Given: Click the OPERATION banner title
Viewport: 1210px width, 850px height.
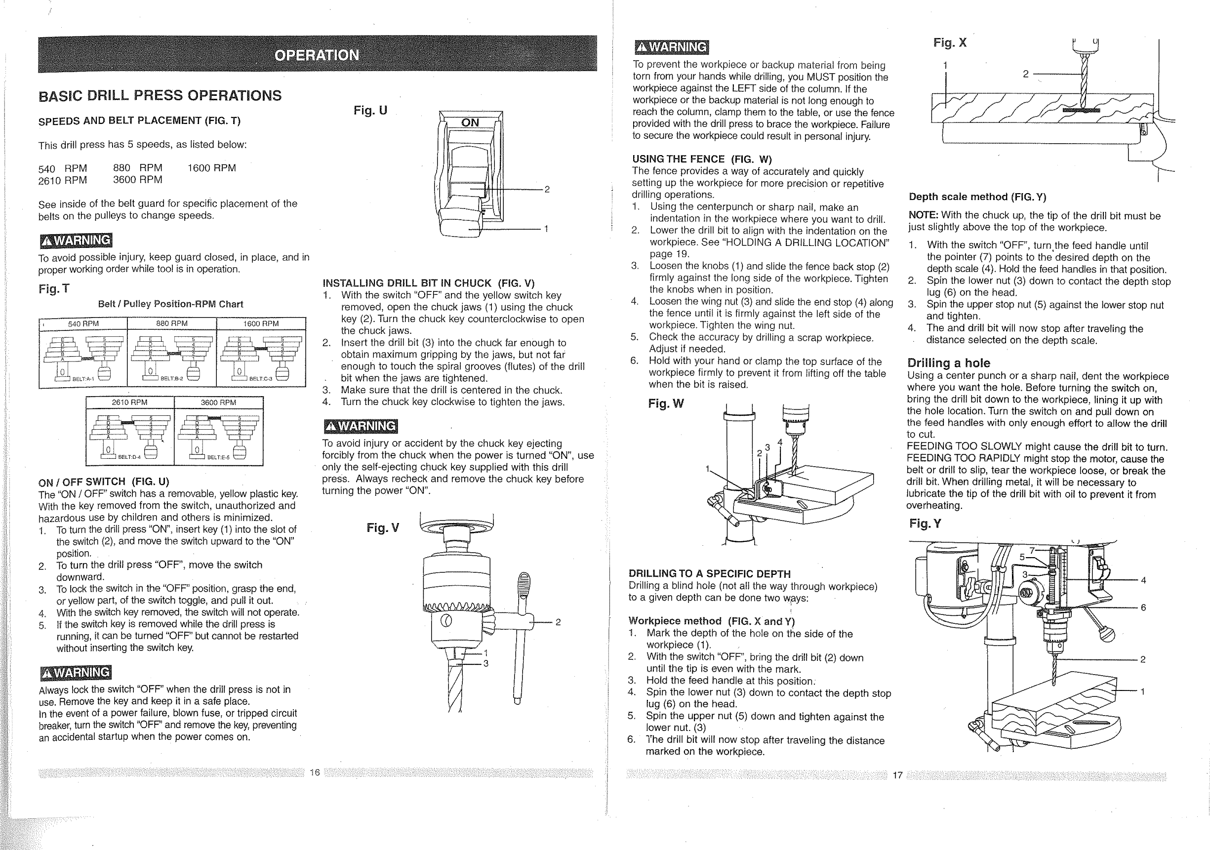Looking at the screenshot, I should (317, 55).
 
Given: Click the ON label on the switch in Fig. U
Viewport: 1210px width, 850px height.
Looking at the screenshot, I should (470, 123).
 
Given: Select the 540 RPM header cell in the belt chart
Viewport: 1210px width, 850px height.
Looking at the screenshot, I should (83, 324).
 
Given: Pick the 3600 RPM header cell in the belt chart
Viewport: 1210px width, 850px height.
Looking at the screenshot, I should (218, 403).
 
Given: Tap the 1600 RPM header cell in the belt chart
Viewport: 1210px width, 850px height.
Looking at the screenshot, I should (261, 324).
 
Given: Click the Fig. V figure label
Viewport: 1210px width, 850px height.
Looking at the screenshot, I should (383, 527).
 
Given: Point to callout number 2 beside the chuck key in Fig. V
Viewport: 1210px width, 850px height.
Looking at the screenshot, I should (558, 622).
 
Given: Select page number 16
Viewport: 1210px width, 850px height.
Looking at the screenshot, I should (315, 772).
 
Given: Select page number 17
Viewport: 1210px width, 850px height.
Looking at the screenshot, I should (897, 774).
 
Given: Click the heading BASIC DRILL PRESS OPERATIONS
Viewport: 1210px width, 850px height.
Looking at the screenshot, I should (160, 96).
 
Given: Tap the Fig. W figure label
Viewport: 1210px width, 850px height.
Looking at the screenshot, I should (666, 404).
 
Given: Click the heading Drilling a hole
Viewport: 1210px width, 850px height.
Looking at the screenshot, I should (949, 363).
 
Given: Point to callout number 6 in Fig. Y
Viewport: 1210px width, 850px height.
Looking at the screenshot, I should (1143, 607).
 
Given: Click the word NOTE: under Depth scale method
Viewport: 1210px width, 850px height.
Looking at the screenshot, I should (924, 215).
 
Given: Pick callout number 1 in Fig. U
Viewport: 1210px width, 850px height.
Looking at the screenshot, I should (546, 229).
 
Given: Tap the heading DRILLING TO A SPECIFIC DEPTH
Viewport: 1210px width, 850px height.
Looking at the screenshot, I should (709, 574).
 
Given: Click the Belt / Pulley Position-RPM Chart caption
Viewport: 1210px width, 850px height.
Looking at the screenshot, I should (171, 304).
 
